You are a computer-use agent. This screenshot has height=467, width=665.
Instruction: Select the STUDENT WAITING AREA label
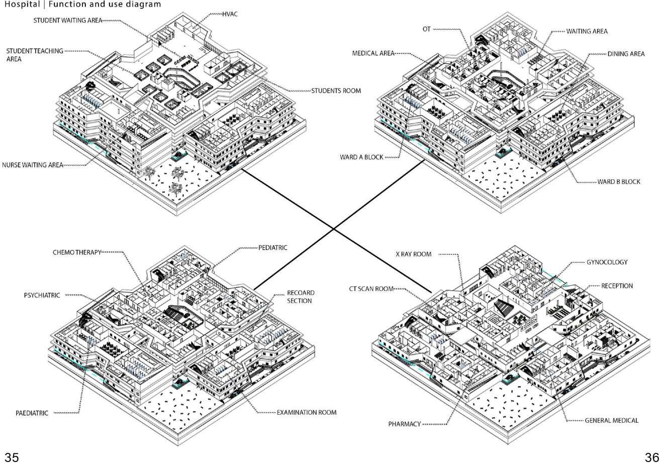pos(68,21)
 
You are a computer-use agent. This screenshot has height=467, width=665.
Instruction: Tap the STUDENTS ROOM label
pos(336,91)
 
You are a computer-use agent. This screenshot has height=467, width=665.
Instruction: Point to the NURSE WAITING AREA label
pos(33,165)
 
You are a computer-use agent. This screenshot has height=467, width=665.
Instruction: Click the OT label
pos(426,30)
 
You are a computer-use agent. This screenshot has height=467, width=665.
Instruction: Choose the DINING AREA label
pos(626,54)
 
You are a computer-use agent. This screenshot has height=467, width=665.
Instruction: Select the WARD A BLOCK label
pos(361,157)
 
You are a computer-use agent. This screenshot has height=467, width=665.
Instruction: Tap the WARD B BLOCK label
pos(619,181)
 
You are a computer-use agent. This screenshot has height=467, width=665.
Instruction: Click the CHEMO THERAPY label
pos(77,252)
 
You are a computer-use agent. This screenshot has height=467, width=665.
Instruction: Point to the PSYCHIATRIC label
pos(42,296)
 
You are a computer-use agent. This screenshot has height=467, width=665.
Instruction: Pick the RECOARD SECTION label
pos(301,297)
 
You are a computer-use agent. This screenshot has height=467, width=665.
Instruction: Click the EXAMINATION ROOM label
pos(307,413)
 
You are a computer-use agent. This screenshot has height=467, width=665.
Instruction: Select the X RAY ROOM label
pos(413,254)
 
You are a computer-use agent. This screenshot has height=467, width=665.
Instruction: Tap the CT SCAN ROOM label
pos(371,289)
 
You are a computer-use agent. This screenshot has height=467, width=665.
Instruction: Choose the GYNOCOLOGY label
pos(607,262)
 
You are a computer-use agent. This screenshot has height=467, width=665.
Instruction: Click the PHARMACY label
pos(404,424)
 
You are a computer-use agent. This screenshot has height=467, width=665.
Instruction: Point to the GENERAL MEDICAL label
pos(611,420)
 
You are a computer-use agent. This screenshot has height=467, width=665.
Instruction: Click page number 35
pos(12,457)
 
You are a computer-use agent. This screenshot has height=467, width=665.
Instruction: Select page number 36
pos(652,457)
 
